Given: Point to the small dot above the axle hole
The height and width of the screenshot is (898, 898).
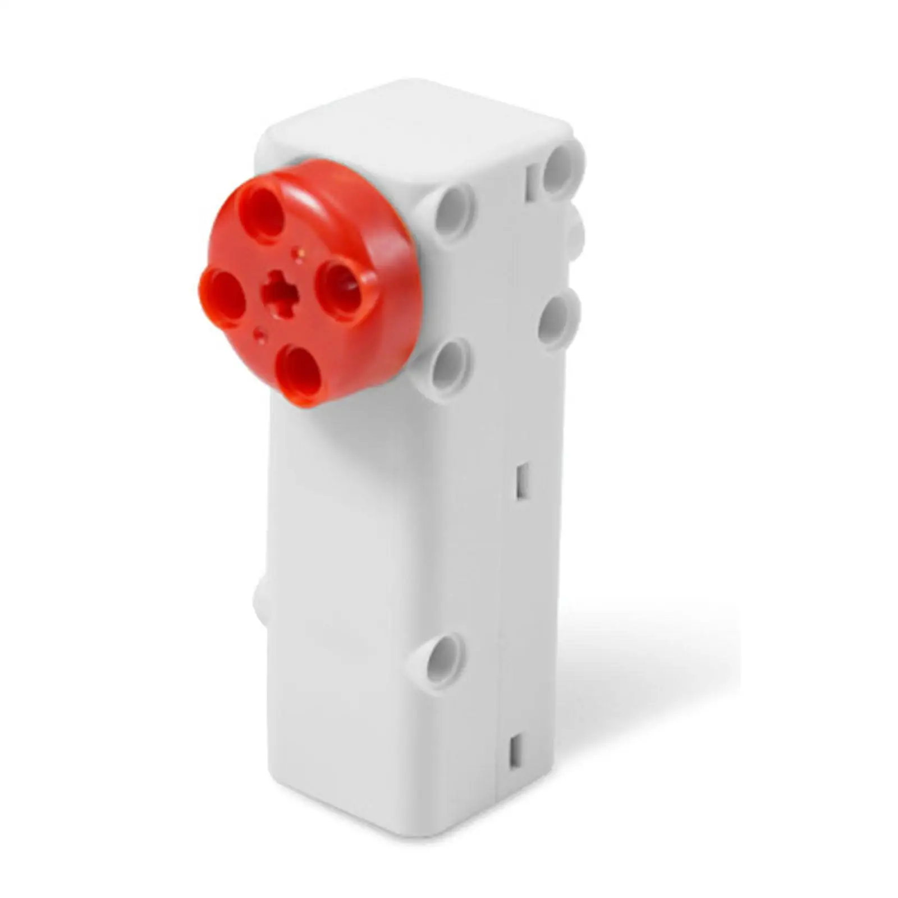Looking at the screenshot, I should coord(298,254).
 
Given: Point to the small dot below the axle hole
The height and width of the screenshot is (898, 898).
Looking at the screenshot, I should coord(259,335).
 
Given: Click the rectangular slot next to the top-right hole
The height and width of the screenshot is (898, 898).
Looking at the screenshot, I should coord(530,182).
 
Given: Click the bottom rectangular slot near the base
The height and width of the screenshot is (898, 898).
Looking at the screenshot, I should coord(514,752).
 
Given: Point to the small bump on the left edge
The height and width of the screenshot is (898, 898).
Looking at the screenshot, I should coord(261,601).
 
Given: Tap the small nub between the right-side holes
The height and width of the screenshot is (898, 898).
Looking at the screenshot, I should coord(576,236).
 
